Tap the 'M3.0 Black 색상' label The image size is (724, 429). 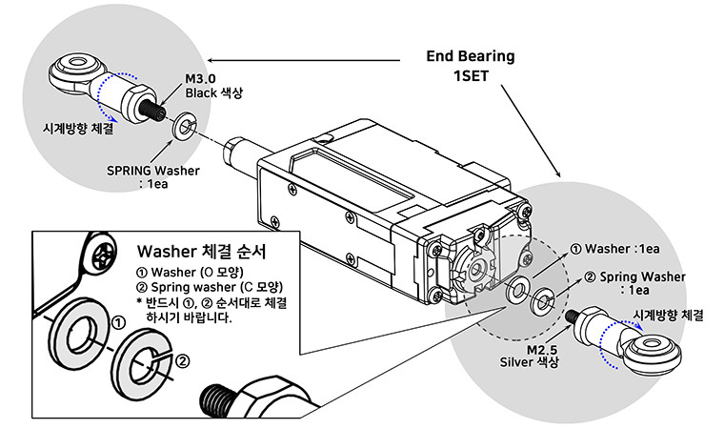pos(201,86)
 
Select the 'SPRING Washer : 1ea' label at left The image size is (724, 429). pos(154,177)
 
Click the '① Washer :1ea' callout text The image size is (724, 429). pos(613,250)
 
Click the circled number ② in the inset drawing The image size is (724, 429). pos(182,361)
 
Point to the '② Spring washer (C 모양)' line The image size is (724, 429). pos(211,287)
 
